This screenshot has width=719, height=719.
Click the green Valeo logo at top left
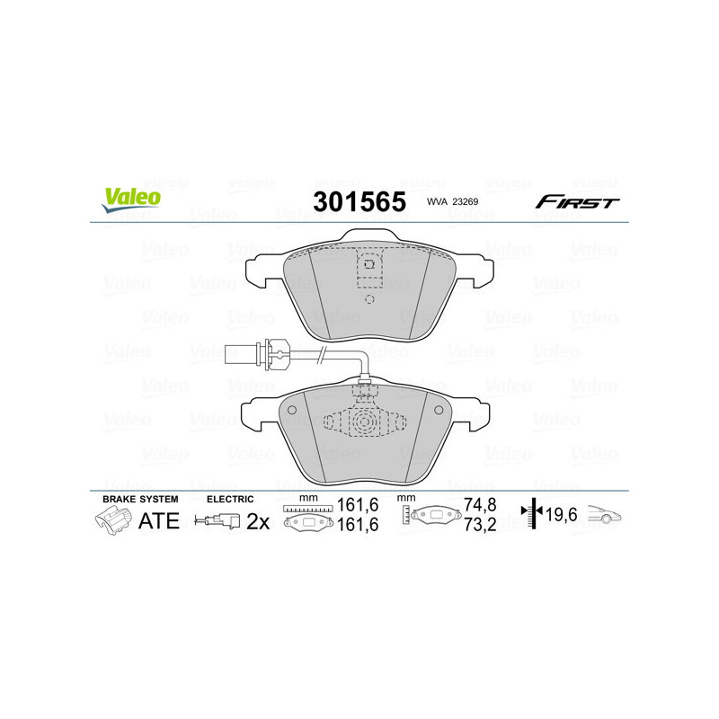pyautogui.click(x=131, y=200)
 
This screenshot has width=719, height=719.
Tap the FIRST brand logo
pyautogui.click(x=577, y=202)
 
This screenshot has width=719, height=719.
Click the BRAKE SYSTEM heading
pyautogui.click(x=140, y=498)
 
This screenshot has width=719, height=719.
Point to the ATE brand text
pyautogui.click(x=159, y=520)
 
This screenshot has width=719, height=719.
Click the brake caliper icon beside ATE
pyautogui.click(x=111, y=520)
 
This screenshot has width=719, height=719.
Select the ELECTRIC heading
pyautogui.click(x=230, y=498)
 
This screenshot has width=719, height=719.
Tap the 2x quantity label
pyautogui.click(x=258, y=521)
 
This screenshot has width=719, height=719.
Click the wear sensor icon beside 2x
pyautogui.click(x=219, y=520)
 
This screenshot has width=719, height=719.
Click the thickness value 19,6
pyautogui.click(x=562, y=515)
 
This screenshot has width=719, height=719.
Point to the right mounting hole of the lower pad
pyautogui.click(x=439, y=410)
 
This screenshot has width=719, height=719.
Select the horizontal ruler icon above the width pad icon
pyautogui.click(x=307, y=509)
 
